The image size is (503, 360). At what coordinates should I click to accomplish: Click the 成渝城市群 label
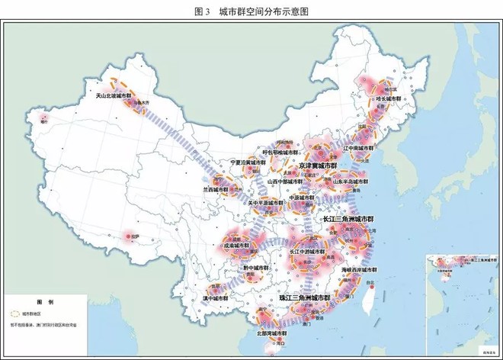[236, 246]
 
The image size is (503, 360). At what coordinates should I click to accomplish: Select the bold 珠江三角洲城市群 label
[304, 297]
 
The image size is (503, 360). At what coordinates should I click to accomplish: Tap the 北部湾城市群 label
[272, 333]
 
